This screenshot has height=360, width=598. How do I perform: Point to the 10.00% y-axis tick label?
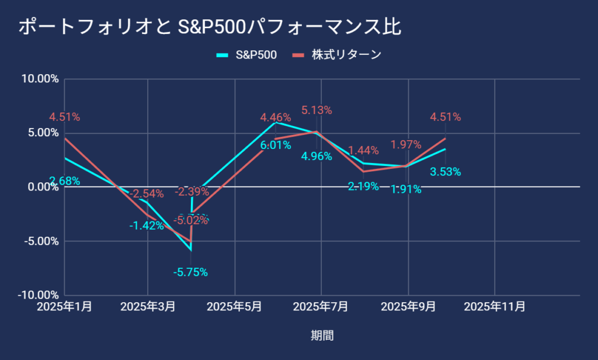pos(40,79)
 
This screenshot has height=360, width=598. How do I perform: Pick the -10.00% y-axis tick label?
pos(39,295)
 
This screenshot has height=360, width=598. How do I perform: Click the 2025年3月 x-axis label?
pos(148,307)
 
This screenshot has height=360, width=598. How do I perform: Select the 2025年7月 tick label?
pos(321,307)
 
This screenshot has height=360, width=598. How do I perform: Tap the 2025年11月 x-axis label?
pos(495,307)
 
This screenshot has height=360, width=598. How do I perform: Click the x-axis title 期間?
pos(322,335)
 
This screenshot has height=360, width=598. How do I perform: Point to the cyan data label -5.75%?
pos(190,272)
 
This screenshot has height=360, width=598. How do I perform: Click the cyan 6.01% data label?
pos(276,145)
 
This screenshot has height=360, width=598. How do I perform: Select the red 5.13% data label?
pos(317,110)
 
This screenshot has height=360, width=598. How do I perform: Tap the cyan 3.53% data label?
pos(446,172)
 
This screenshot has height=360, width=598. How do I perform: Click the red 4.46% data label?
pos(276,118)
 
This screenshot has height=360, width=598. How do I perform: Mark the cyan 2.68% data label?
pos(64,181)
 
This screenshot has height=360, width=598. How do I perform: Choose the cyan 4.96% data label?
pos(317,156)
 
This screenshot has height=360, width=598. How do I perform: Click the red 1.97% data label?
pos(406,144)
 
